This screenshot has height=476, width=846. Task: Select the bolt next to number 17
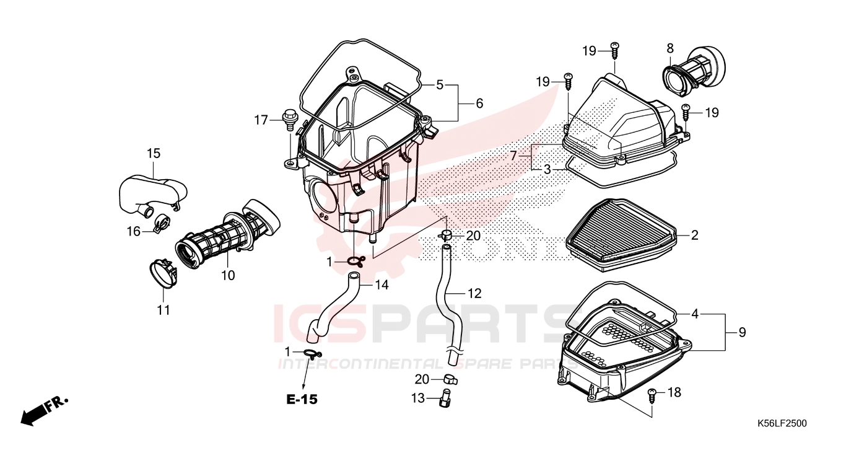pyautogui.click(x=289, y=118)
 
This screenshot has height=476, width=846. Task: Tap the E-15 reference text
pyautogui.click(x=302, y=400)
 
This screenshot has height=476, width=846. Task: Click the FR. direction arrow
pyautogui.click(x=43, y=411)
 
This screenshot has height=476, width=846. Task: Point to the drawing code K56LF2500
pyautogui.click(x=782, y=423)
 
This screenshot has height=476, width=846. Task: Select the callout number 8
pyautogui.click(x=670, y=48)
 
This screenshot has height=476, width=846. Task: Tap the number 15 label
pyautogui.click(x=153, y=152)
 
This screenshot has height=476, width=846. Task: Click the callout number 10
pyautogui.click(x=228, y=275)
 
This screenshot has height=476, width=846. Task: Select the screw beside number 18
pyautogui.click(x=653, y=394)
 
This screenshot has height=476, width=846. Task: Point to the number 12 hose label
pyautogui.click(x=474, y=293)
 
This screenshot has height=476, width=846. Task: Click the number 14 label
pyautogui.click(x=382, y=285)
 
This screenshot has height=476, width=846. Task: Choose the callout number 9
pyautogui.click(x=742, y=333)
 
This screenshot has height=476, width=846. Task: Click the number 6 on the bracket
pyautogui.click(x=479, y=104)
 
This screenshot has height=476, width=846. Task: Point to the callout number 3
pyautogui.click(x=547, y=169)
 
